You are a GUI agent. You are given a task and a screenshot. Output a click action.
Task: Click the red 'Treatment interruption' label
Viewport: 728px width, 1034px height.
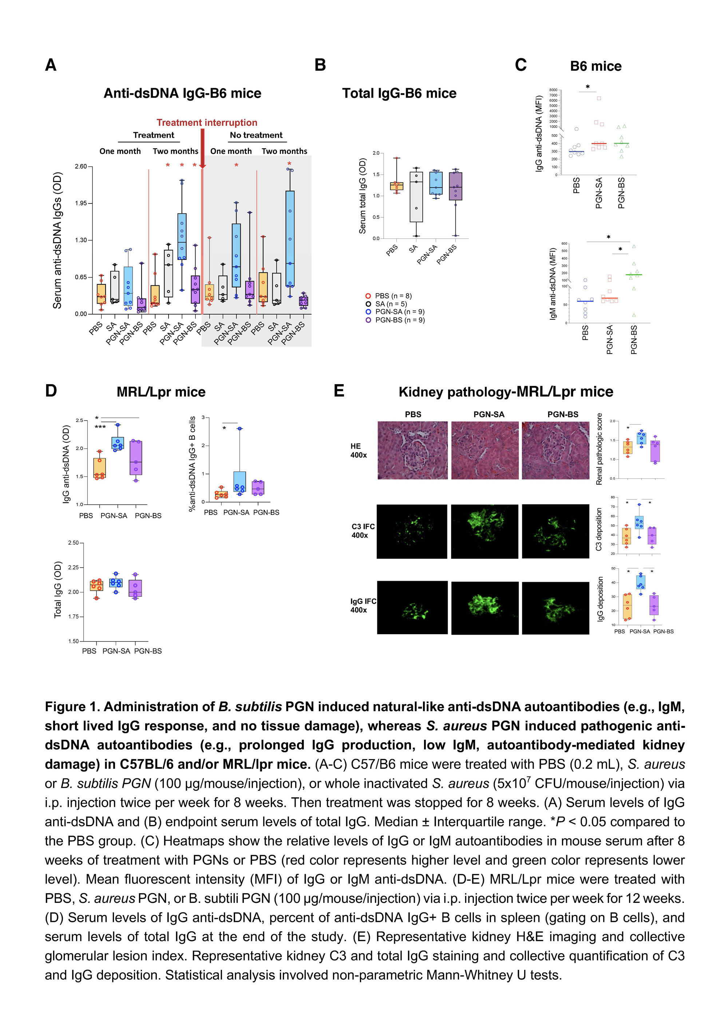(207, 122)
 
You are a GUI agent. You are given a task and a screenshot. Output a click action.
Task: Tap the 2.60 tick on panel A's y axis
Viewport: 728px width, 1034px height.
(81, 167)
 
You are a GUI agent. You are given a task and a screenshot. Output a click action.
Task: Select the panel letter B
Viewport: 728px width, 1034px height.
(320, 65)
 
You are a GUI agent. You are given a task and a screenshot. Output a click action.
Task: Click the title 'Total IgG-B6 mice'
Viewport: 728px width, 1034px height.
(399, 93)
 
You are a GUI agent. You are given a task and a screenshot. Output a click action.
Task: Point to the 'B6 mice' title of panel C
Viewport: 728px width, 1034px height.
(595, 66)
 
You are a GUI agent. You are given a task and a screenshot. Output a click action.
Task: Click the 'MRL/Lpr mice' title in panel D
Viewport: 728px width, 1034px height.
(161, 392)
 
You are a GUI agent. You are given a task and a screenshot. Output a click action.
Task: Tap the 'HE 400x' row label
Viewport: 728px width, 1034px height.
(359, 450)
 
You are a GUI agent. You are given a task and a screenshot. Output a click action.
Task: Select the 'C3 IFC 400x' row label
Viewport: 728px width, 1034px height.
(363, 530)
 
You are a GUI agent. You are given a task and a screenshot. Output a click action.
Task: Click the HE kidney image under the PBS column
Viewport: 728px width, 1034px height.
(412, 450)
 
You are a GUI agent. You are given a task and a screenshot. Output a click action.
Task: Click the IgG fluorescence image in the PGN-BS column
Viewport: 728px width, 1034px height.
(555, 608)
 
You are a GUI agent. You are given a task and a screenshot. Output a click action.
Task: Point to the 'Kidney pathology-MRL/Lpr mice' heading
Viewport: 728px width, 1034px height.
(506, 392)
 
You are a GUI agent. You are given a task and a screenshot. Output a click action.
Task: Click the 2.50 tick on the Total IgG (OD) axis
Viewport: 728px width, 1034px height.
(74, 543)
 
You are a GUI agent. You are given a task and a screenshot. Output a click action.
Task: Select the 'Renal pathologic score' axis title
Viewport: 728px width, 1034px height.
(599, 449)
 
